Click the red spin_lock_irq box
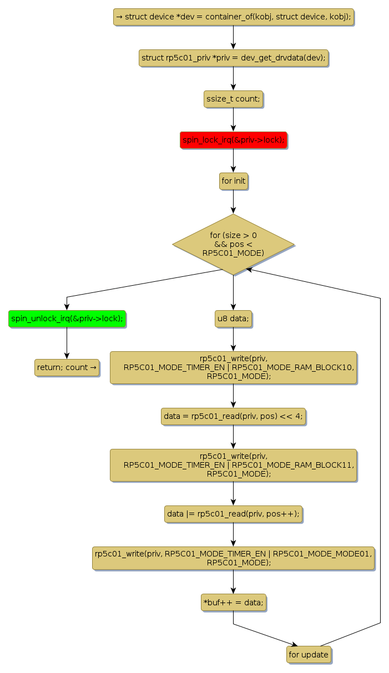233,140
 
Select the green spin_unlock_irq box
67,319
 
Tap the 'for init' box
233,181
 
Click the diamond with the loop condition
233,244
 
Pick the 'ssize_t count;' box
233,99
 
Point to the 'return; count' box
67,367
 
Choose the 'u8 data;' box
233,319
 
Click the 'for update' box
309,655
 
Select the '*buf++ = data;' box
233,602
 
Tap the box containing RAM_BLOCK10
233,367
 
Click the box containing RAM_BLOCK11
233,465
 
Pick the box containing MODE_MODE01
233,558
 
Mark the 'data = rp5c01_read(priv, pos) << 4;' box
233,416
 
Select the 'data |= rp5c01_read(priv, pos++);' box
233,514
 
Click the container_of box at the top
233,17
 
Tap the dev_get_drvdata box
233,58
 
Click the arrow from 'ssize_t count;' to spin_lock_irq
233,119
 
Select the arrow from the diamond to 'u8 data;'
233,292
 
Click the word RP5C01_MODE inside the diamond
233,253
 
